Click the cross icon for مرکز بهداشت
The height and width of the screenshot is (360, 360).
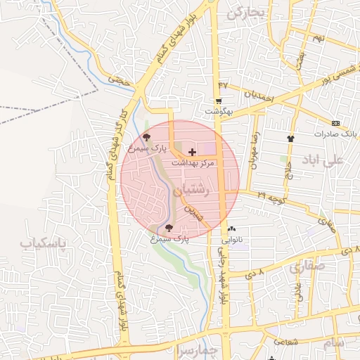pos(192,152)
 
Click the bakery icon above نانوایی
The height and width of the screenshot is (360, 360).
pos(232,229)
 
